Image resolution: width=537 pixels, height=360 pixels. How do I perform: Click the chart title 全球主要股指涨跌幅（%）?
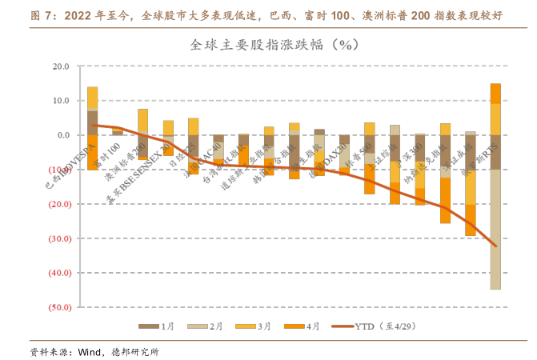click(273, 45)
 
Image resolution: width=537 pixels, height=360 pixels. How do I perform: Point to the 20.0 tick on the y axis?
click(62, 66)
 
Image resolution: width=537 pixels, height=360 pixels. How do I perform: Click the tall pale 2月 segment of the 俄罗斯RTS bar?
click(495, 229)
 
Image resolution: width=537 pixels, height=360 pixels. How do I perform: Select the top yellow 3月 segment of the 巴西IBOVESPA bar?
click(93, 98)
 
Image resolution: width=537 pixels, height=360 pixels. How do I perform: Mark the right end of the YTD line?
click(495, 246)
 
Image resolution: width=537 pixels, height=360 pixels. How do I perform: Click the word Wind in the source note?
click(88, 351)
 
